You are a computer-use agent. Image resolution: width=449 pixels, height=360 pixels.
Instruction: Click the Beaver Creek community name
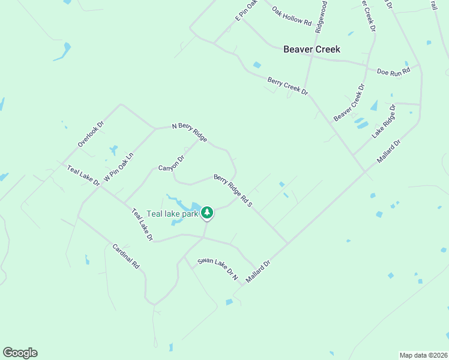point(312,49)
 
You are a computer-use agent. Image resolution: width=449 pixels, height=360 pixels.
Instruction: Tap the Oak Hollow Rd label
point(292,16)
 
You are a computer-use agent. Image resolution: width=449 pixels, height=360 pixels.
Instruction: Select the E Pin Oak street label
point(246,11)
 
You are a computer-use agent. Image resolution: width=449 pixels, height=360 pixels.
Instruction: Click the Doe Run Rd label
point(393,71)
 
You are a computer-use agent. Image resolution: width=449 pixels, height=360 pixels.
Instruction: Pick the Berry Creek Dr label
point(288,86)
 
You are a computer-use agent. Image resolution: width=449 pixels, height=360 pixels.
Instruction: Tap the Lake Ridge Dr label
point(384,122)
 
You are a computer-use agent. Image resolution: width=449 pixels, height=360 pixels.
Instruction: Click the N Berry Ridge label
point(189,133)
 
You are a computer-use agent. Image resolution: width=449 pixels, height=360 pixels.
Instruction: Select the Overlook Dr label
point(91,134)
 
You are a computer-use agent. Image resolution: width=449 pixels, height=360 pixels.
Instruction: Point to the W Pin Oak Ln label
point(118,167)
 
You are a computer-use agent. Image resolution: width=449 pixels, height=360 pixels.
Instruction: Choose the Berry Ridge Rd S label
point(233,191)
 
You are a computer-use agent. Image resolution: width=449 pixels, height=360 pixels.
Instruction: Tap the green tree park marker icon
point(207,212)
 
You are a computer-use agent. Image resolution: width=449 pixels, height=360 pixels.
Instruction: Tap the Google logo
point(20,353)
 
